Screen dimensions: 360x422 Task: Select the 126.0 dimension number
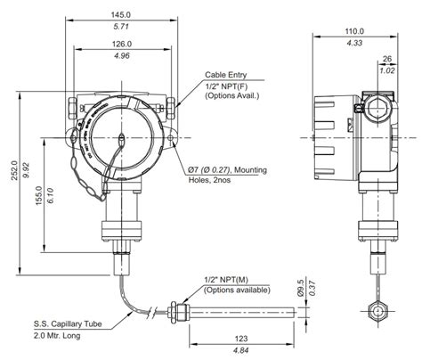123,44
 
